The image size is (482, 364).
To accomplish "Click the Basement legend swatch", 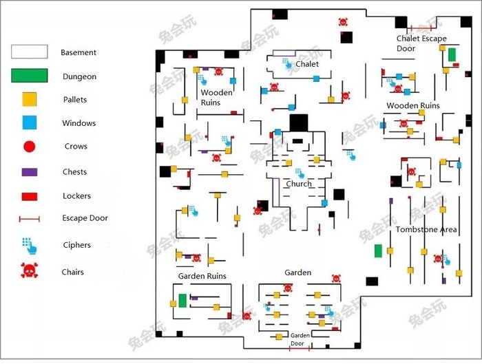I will pos(29,52).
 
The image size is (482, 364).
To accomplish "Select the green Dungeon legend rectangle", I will pos(29,76).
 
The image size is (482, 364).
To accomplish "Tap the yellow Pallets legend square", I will pos(29,99).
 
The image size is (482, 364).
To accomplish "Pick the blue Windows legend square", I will pos(29,122).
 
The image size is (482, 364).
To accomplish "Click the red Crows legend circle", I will pos(29,147).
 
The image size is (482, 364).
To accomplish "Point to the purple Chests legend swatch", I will pos(29,171).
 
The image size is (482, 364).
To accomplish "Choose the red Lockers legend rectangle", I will pos(29,196).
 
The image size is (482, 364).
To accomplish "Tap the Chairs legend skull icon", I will pos(29,271).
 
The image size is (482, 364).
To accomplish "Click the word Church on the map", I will pos(298,184).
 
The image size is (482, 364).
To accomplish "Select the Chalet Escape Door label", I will pos(421,43).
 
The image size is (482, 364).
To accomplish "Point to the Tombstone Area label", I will pos(426,229).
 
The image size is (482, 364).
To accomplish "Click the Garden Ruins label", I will pos(202,276).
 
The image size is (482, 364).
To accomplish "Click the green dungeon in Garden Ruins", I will pos(182,301).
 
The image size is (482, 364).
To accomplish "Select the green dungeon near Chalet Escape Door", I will pos(452,55).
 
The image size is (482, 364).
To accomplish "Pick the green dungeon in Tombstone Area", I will pos(378,251).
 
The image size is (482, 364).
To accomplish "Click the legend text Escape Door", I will pos(85,218).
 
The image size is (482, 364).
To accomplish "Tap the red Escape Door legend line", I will pos(29,219).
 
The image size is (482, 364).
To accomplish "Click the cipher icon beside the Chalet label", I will pos(286,63).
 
